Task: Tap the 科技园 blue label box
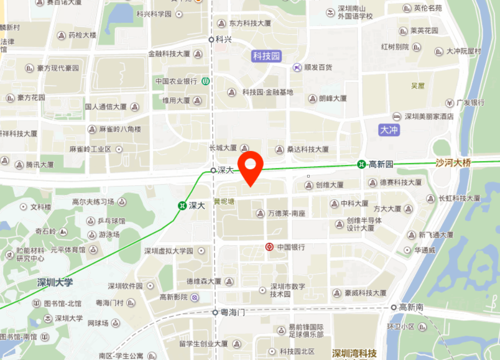click(x=267, y=56)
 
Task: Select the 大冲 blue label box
click(x=389, y=130)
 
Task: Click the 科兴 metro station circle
click(x=211, y=39)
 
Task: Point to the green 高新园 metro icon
click(x=361, y=164)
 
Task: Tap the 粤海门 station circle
click(x=215, y=312)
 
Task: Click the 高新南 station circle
click(x=394, y=307)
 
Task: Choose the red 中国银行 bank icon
click(x=269, y=247)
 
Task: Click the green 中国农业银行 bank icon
click(x=205, y=81)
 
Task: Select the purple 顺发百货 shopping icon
click(x=297, y=67)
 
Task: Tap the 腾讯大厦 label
click(x=40, y=165)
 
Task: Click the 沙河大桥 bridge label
click(x=453, y=163)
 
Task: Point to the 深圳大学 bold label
click(x=55, y=282)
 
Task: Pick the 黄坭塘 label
click(x=224, y=201)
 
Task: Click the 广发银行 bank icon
click(x=449, y=102)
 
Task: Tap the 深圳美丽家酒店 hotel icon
click(x=397, y=116)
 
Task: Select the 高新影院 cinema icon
click(x=194, y=297)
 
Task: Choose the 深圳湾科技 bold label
click(x=354, y=353)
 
